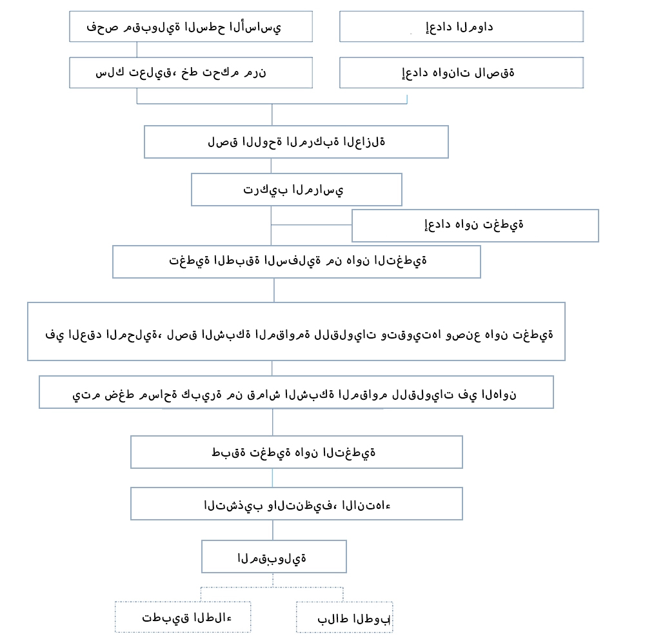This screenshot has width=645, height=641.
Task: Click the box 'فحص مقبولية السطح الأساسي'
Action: tap(191, 26)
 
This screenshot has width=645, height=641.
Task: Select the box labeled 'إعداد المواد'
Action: tap(461, 26)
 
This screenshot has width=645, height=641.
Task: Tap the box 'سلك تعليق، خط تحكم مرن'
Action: tap(191, 72)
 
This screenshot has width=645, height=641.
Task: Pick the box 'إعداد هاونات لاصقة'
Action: tap(461, 72)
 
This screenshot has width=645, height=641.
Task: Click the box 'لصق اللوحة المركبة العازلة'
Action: tap(296, 142)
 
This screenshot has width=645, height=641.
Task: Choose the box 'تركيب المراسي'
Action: tap(296, 190)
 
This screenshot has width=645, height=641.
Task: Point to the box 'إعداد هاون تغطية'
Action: tap(475, 225)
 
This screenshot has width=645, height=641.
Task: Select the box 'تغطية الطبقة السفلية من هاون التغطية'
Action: tap(296, 261)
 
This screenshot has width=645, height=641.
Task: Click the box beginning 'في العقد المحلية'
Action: tap(296, 331)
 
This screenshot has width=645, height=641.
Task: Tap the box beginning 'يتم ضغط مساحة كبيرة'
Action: tap(296, 392)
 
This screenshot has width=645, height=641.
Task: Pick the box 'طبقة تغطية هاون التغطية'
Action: tap(296, 452)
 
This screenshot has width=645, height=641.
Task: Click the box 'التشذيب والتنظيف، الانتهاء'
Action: tap(296, 504)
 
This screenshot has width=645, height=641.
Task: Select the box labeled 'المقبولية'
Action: tap(273, 557)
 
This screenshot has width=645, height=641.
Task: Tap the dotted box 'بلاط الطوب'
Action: tap(344, 617)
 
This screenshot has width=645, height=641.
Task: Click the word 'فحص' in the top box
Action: tap(97, 27)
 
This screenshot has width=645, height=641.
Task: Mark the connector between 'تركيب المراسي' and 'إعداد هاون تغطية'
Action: tap(312, 224)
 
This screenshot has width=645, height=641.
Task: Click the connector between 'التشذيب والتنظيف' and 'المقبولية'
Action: tap(273, 530)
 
